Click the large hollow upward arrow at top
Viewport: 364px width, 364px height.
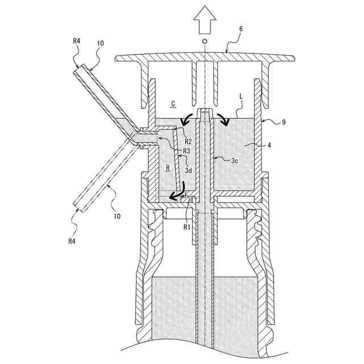point(205,23)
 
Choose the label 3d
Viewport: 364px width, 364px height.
point(189,171)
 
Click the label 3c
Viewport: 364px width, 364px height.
point(234,161)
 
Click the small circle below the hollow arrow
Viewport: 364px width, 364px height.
point(205,43)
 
